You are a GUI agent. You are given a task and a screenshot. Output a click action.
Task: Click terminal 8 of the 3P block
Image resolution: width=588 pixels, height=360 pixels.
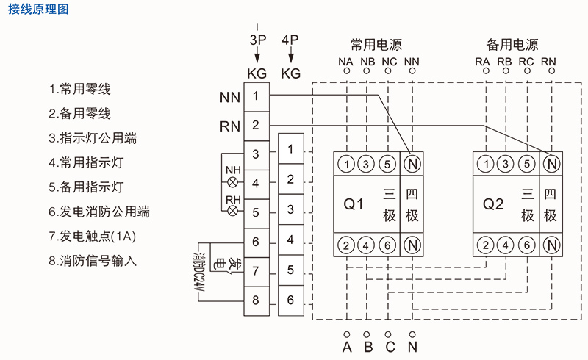[x=255, y=300]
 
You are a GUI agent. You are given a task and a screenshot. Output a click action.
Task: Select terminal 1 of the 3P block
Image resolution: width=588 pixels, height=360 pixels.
[x=255, y=96]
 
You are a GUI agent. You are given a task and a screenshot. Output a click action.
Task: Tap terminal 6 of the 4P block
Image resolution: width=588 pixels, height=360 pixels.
[x=291, y=300]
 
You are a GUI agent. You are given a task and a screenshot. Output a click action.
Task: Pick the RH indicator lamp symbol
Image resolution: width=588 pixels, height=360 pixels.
[x=233, y=211]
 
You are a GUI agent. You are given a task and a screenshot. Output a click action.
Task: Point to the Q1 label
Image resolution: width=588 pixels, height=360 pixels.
[x=354, y=204]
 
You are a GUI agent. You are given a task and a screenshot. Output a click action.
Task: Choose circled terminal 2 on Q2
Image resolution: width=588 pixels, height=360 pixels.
[x=484, y=245]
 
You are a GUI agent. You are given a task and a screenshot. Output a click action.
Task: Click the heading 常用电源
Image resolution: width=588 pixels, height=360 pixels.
[x=376, y=44]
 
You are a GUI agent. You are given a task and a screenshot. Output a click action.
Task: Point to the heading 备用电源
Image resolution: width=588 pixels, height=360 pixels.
[x=512, y=44]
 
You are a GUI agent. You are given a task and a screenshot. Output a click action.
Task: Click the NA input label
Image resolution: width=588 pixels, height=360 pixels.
[x=345, y=62]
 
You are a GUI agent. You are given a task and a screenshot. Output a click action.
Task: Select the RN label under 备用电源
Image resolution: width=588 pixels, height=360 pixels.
[x=548, y=62]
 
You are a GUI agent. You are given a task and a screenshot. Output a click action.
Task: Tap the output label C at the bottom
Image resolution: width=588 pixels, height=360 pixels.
[x=390, y=345]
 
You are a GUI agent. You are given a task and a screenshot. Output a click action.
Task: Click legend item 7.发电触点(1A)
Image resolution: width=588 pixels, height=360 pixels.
[x=93, y=236]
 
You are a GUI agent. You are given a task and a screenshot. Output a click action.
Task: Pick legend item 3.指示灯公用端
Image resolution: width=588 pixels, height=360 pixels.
[x=93, y=138]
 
